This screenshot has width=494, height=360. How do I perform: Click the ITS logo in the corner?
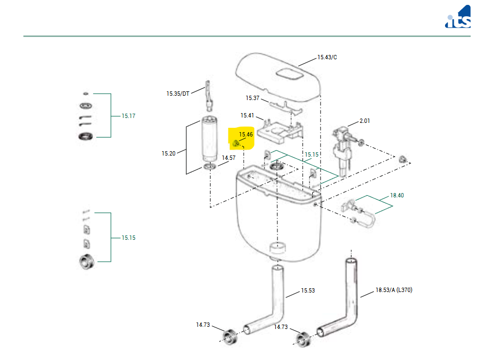[x=458, y=17]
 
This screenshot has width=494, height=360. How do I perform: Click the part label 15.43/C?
[x=327, y=57]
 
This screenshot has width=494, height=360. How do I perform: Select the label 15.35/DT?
[x=178, y=94]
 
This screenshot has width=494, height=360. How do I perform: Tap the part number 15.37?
[x=252, y=98]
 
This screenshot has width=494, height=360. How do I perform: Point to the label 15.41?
[x=248, y=115]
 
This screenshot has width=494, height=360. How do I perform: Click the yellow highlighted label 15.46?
[x=246, y=134]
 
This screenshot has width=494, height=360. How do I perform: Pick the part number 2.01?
[x=365, y=121]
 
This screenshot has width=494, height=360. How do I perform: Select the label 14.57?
[x=229, y=158]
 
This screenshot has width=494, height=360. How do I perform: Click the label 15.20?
[x=168, y=153]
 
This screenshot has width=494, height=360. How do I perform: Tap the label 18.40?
[x=398, y=195]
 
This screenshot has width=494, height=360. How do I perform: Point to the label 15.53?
[x=308, y=290]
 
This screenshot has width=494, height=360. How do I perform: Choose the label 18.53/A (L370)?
[x=394, y=290]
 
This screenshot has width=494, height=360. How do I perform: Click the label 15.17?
[x=128, y=116]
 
